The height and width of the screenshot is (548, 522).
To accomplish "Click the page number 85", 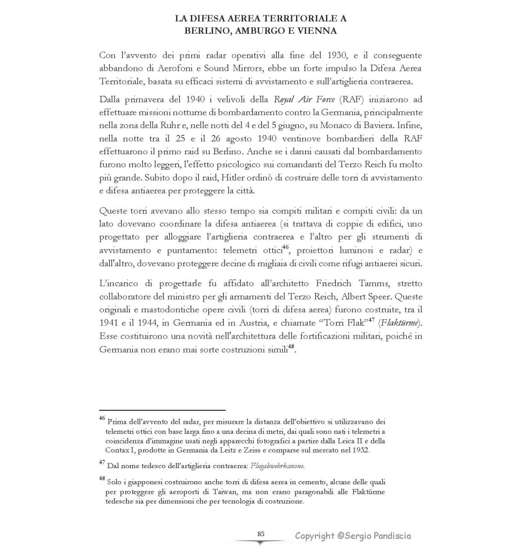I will tap(261, 534).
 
